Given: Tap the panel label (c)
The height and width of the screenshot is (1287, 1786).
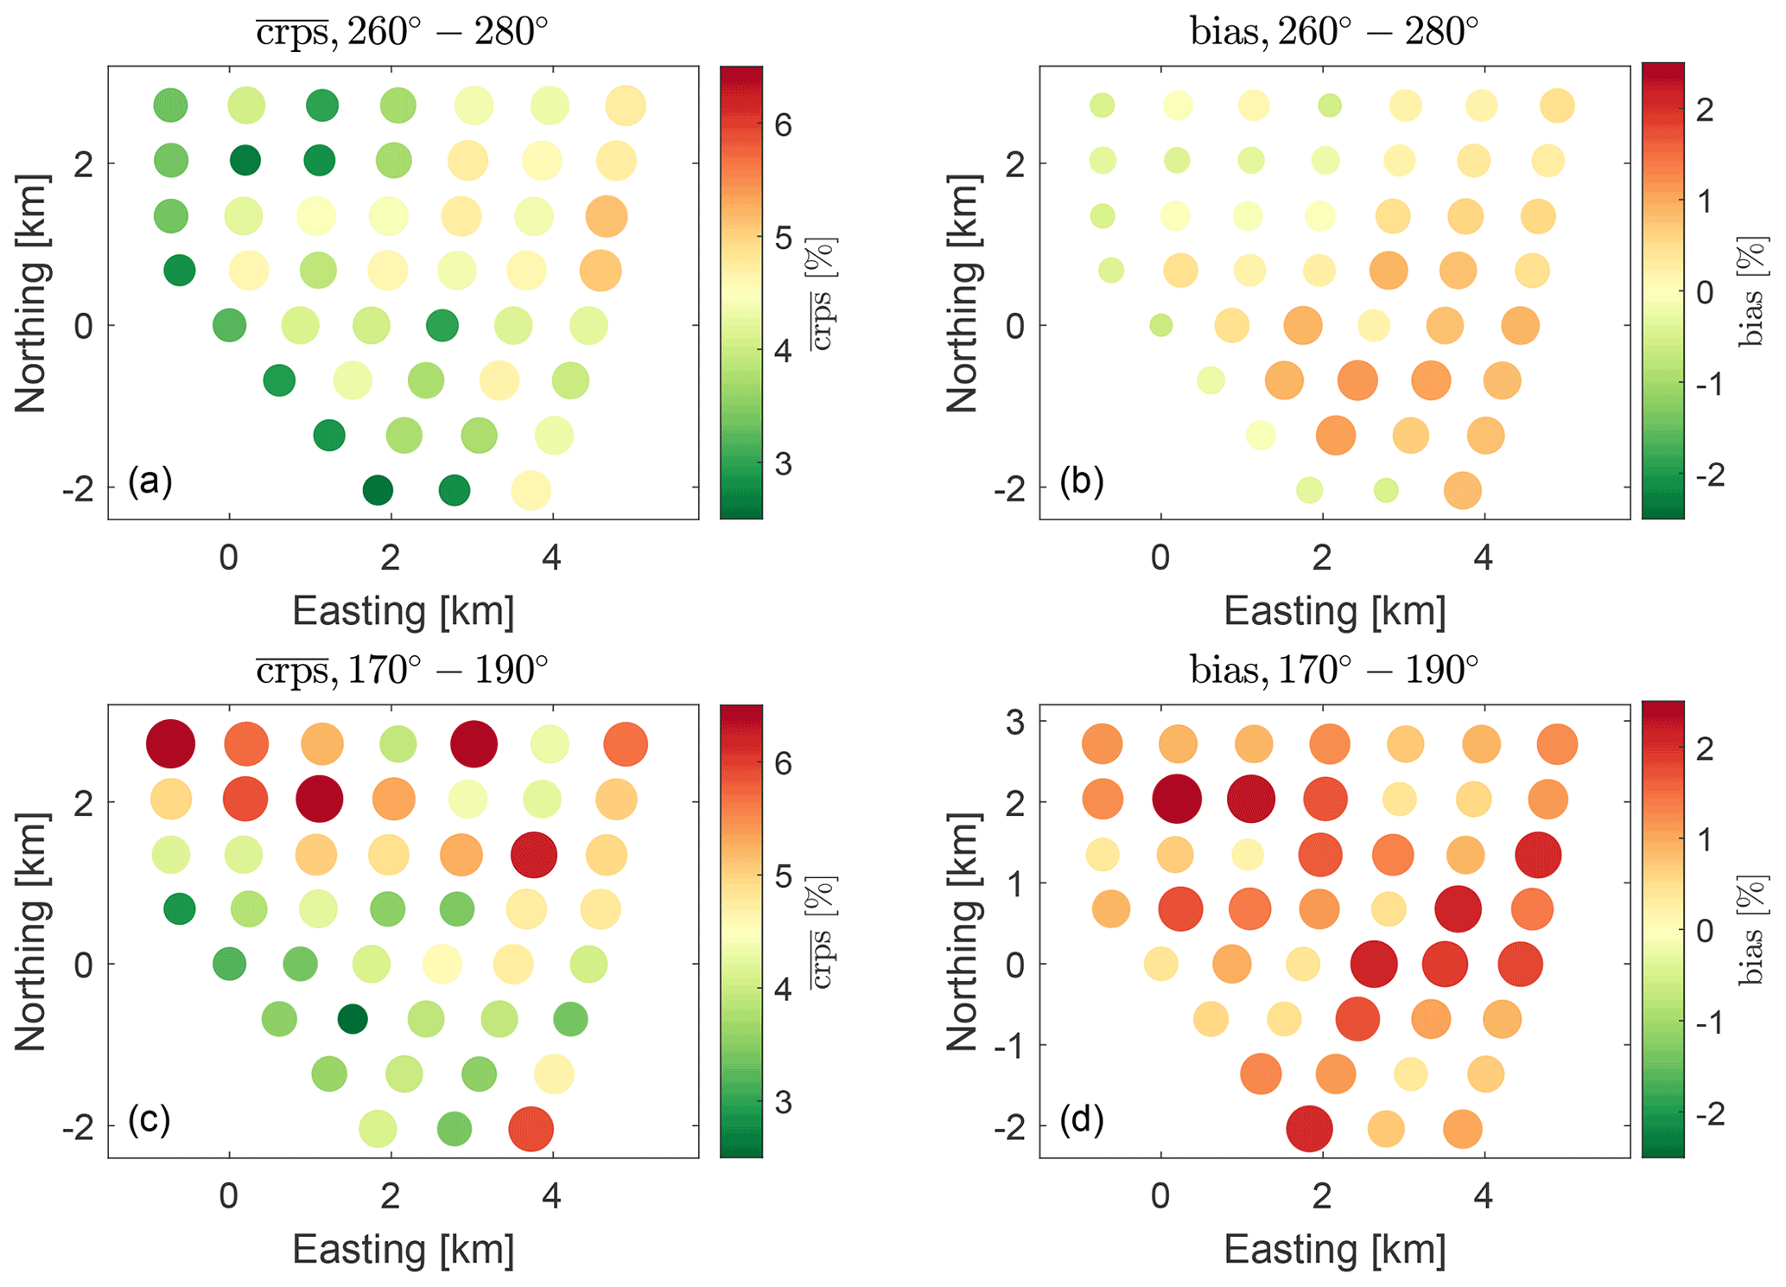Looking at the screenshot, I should tap(149, 1120).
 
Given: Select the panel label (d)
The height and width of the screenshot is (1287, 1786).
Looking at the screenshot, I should tap(1082, 1120).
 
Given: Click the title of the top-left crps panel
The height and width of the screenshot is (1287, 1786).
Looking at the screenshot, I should tap(403, 33).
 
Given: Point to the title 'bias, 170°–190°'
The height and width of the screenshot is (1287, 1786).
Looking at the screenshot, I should tap(1334, 670).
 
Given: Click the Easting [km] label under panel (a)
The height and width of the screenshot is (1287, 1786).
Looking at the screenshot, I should tap(404, 611).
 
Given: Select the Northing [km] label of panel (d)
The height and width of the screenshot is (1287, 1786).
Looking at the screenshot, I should tap(962, 932).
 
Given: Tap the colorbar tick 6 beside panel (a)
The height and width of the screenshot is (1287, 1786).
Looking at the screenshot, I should tap(783, 126).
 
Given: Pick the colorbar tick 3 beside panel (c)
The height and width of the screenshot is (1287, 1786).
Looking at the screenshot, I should tap(783, 1103).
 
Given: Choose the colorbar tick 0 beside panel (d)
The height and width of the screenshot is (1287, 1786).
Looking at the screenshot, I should tap(1705, 931).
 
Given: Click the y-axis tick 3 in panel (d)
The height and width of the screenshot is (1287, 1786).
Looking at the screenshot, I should tap(1015, 721).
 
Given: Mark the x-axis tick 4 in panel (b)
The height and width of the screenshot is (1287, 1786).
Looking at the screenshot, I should tap(1484, 558).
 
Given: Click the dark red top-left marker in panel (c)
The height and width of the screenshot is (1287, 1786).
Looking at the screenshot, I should tap(170, 743).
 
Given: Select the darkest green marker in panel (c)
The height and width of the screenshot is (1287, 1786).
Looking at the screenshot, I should tap(353, 1019).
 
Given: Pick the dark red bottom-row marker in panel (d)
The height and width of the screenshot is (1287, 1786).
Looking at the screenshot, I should tap(1309, 1128).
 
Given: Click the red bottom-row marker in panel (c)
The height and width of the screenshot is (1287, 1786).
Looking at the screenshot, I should tap(531, 1128).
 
